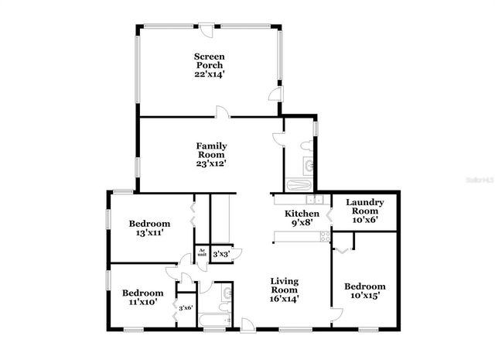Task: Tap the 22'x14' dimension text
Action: coord(209,75)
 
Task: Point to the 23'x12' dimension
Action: coord(210,163)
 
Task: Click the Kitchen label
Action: coord(302,214)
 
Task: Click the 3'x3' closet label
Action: coord(220,253)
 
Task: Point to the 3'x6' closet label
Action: coord(186,307)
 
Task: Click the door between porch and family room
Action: coord(224,113)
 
